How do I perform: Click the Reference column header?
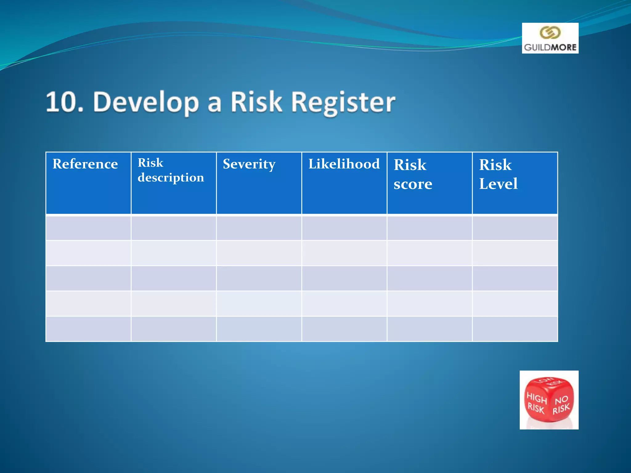coord(85,164)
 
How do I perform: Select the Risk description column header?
coord(170,170)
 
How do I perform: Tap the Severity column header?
coord(249,164)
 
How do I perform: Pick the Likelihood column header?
coord(344,164)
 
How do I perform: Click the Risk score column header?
coord(413,174)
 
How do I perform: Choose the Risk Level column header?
coord(498,174)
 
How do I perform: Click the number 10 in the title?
coord(64,102)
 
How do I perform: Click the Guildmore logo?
coord(550,38)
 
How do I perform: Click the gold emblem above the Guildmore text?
coord(550,33)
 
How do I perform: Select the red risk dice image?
coord(549,400)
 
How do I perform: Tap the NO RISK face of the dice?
coord(561,405)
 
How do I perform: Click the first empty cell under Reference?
coord(88,228)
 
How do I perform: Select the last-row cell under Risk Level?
coord(515,329)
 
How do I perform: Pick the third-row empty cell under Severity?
coord(259,278)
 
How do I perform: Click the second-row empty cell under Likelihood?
coord(344,253)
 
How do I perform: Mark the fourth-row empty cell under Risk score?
coord(429,304)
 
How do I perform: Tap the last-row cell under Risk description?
coord(174,329)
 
